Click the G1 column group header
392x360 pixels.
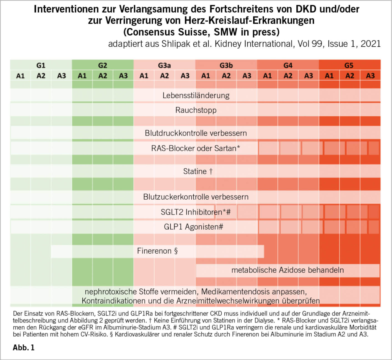[41, 65]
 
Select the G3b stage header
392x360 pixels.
[226, 65]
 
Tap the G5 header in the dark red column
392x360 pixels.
[350, 65]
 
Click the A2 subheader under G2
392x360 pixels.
[103, 76]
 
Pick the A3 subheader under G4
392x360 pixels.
[309, 76]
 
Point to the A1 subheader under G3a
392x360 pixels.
[144, 76]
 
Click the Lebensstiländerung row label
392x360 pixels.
[196, 95]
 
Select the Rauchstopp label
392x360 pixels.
[196, 110]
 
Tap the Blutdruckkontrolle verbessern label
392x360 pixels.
[196, 133]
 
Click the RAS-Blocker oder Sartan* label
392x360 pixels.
[196, 148]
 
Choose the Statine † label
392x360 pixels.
[196, 171]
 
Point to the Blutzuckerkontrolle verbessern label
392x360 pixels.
[196, 197]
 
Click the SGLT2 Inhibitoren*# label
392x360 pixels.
[196, 212]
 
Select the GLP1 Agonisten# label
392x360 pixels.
[196, 227]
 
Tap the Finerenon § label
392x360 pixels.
[158, 251]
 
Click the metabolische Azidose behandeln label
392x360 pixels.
[287, 270]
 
